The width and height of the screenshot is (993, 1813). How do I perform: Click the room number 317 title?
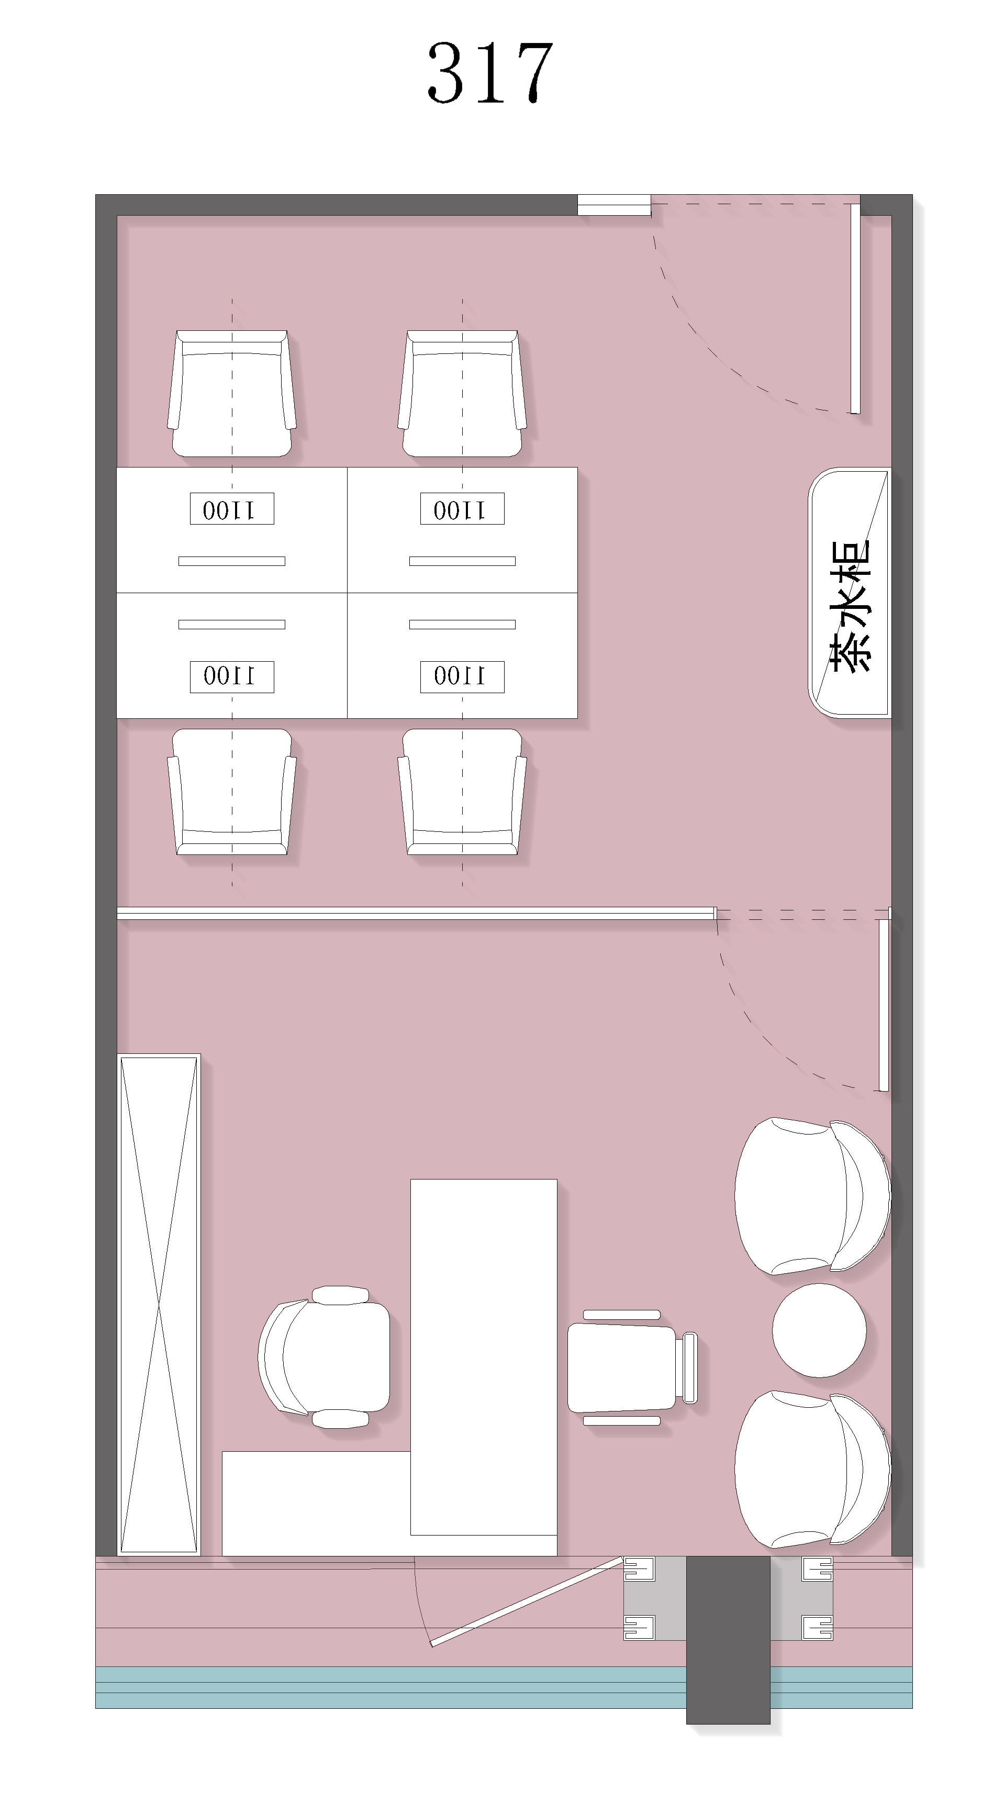[x=490, y=72]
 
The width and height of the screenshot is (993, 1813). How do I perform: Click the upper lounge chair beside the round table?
[x=812, y=1196]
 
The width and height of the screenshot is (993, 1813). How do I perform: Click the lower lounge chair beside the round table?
[x=812, y=1470]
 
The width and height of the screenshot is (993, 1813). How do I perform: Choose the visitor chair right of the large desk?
[x=631, y=1367]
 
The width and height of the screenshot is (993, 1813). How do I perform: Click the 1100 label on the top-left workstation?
[x=231, y=509]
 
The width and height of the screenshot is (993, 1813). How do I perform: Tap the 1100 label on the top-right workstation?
[x=462, y=509]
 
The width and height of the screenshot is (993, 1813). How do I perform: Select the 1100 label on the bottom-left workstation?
[x=231, y=676]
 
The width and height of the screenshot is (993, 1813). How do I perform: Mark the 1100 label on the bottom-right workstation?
[x=462, y=676]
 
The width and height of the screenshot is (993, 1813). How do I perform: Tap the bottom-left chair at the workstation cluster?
[x=231, y=792]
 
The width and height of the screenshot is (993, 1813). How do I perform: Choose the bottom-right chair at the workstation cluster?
[x=462, y=792]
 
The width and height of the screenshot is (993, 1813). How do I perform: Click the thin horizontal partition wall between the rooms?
[x=416, y=914]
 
